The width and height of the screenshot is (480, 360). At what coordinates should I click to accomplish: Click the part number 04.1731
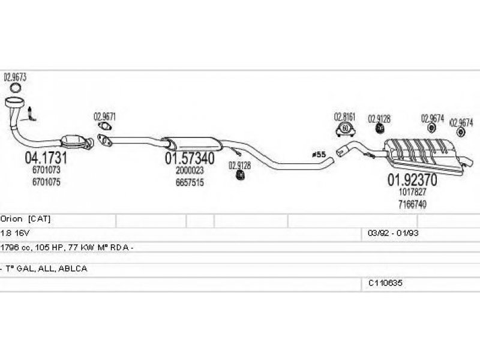coord(45,159)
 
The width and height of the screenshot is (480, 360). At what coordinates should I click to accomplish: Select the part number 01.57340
coord(189,160)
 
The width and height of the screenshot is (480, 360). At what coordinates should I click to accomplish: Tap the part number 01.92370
coord(411,179)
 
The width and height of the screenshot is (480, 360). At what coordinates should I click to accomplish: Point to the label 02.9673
coord(15,77)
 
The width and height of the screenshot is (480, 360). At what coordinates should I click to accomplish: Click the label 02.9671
coord(104,117)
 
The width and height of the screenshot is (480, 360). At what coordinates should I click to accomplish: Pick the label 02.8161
coord(345,116)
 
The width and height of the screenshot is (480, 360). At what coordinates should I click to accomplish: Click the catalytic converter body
coord(76,140)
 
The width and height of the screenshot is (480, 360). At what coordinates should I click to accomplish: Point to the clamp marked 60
coord(345,128)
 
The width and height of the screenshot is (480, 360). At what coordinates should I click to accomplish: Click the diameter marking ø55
coord(319,155)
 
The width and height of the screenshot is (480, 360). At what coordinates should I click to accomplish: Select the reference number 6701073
coord(46,170)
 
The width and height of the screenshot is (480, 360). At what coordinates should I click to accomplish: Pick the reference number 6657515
coord(190,182)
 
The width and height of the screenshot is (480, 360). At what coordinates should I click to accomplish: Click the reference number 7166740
coord(412,204)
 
